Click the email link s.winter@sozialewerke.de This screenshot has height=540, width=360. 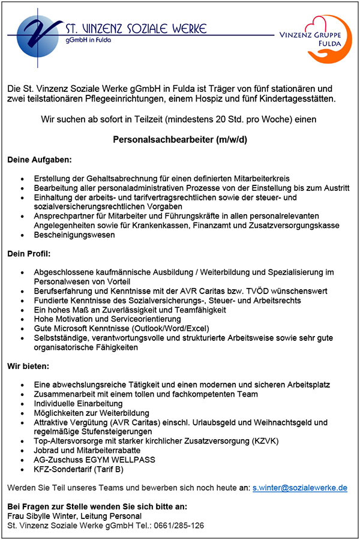pyautogui.click(x=300, y=488)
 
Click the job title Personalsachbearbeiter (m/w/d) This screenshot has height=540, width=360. pyautogui.click(x=180, y=140)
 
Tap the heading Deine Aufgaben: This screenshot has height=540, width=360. pyautogui.click(x=39, y=160)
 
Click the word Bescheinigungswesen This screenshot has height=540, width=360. pyautogui.click(x=74, y=235)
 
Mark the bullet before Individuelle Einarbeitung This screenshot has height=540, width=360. pyautogui.click(x=22, y=404)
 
